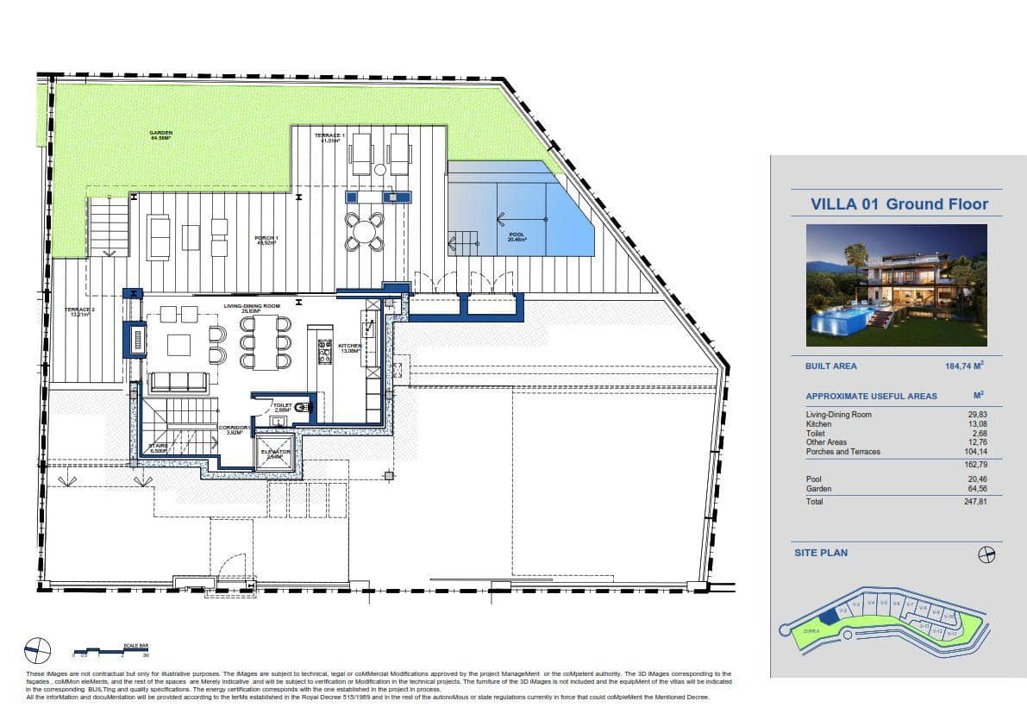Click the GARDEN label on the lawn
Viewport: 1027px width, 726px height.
(x=161, y=135)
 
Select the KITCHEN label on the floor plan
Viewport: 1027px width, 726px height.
(x=350, y=347)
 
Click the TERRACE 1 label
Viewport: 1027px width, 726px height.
(x=329, y=137)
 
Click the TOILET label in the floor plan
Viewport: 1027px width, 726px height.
(x=282, y=406)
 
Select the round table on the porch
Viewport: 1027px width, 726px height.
(x=365, y=231)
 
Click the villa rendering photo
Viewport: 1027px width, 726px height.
(x=896, y=285)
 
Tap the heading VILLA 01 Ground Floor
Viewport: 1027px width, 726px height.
(x=899, y=204)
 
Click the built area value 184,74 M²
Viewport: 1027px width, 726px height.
(x=964, y=366)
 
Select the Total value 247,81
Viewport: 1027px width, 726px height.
(x=974, y=501)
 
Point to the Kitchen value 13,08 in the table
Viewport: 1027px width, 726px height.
(x=976, y=424)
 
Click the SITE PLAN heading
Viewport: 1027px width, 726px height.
(x=821, y=553)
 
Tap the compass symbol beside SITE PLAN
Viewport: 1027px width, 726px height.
(x=986, y=554)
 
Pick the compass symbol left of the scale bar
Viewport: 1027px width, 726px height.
(x=38, y=648)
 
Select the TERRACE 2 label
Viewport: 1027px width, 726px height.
(x=79, y=311)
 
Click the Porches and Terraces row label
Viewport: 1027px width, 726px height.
(x=842, y=452)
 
